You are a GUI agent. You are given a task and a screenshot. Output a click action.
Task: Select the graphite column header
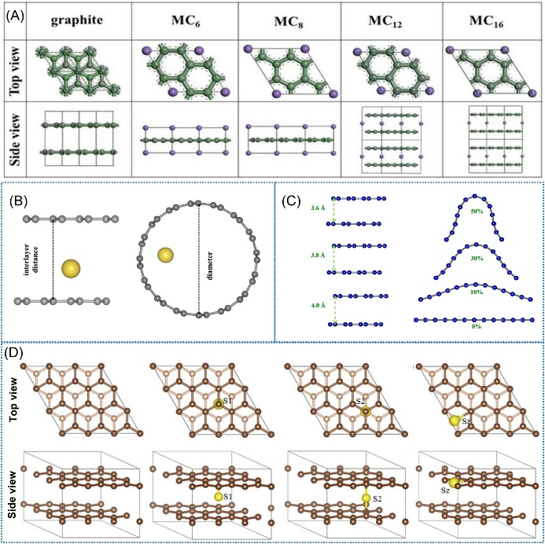coord(77,20)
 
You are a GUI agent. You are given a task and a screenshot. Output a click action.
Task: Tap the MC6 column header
coord(186,21)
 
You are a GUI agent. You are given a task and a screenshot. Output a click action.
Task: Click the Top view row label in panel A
coord(15,72)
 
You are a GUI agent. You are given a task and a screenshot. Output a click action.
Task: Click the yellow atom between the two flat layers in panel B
coord(71,269)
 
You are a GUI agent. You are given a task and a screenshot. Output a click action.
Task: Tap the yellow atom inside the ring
coord(165,255)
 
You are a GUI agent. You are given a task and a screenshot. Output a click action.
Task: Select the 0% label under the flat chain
coord(476,326)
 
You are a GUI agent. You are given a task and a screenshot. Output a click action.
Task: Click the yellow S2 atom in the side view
coord(366,498)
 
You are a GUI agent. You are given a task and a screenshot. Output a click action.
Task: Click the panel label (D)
coord(15,353)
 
